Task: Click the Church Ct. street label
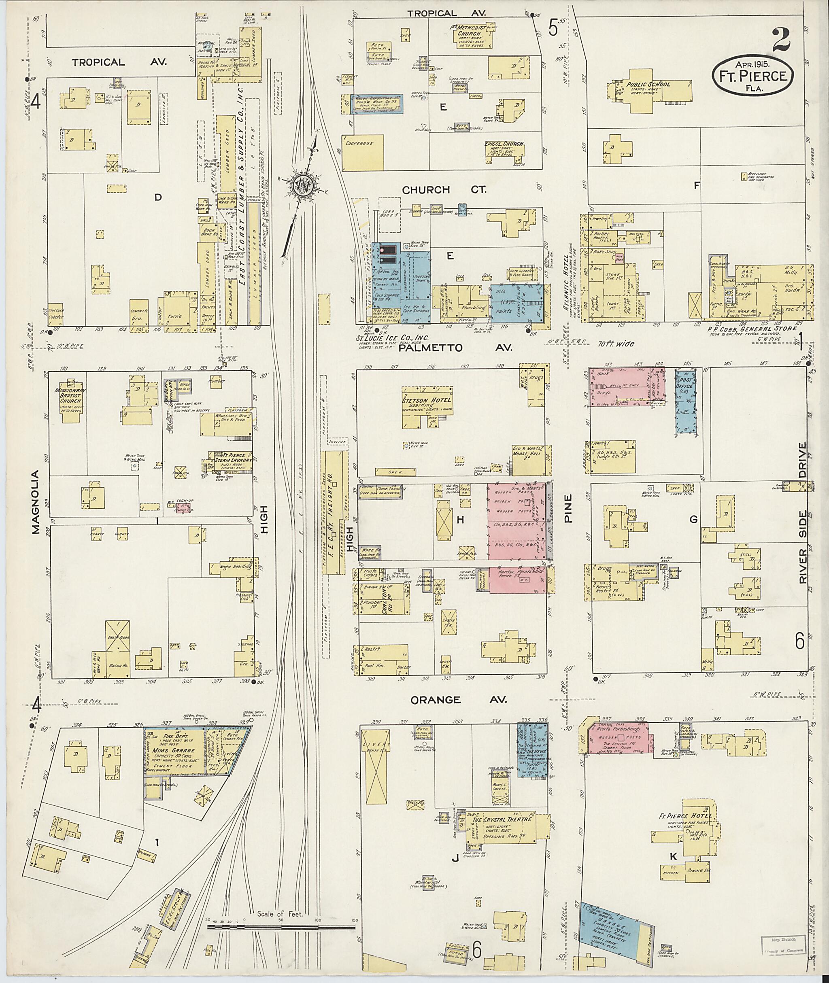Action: tap(425, 190)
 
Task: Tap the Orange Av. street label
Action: tap(459, 700)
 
